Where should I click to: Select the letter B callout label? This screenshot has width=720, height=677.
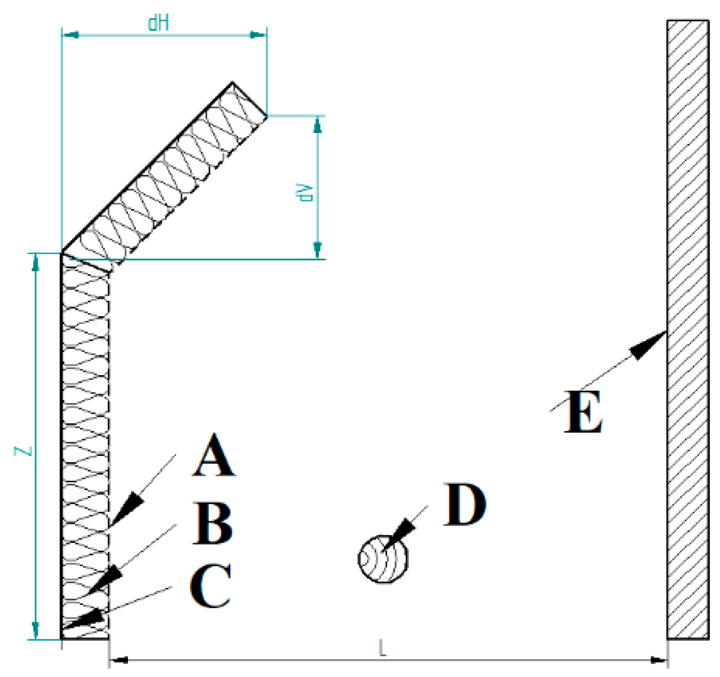(213, 523)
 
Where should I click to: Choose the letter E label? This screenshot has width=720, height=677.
(583, 413)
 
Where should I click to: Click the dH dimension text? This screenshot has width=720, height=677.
(158, 23)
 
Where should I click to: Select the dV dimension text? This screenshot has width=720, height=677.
(308, 192)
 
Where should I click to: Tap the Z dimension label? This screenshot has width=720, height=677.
(24, 451)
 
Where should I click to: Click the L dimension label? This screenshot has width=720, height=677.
(382, 647)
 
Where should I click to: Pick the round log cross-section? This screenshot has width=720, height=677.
(383, 558)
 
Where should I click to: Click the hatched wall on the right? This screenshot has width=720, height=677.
(688, 330)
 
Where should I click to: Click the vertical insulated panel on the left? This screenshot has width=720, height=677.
(85, 443)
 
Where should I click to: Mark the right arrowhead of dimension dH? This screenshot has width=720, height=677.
(259, 35)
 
